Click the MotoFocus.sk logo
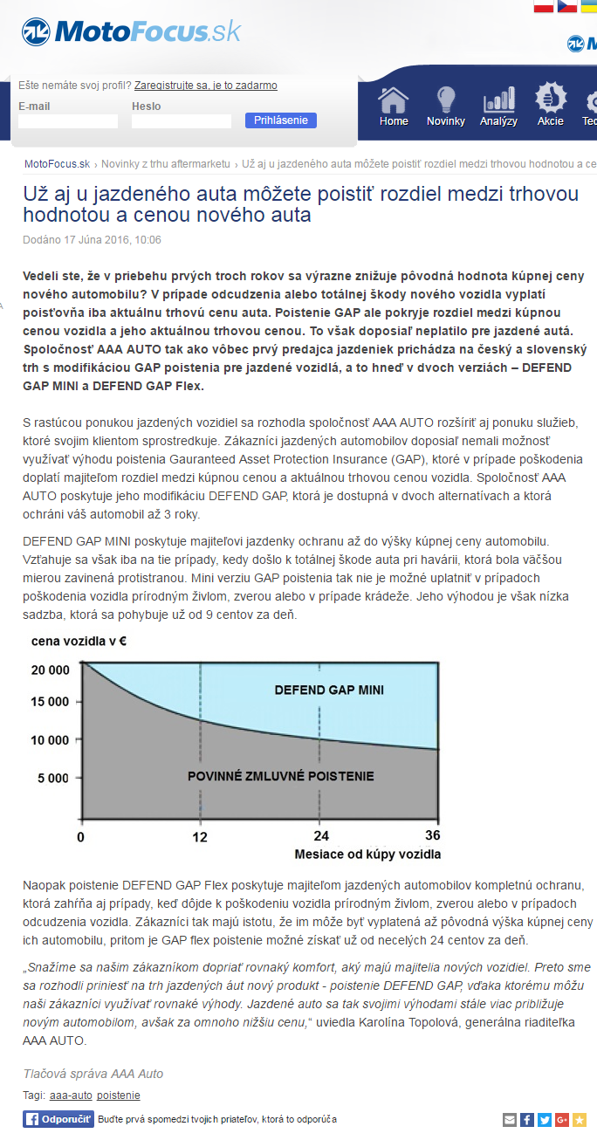coord(132,32)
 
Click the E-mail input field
coord(67,121)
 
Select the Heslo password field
coord(182,121)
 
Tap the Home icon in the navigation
coord(394,106)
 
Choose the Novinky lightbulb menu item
coord(446,106)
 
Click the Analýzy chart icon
coord(498,106)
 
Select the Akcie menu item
coord(551,106)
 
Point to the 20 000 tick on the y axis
coord(50,670)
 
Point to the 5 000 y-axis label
coord(52,777)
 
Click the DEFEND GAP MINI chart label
coord(329,690)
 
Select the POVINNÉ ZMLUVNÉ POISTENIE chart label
coord(281,775)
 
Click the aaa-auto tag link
coord(70,1095)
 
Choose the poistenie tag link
coord(119,1095)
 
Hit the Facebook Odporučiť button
coord(58,1119)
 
